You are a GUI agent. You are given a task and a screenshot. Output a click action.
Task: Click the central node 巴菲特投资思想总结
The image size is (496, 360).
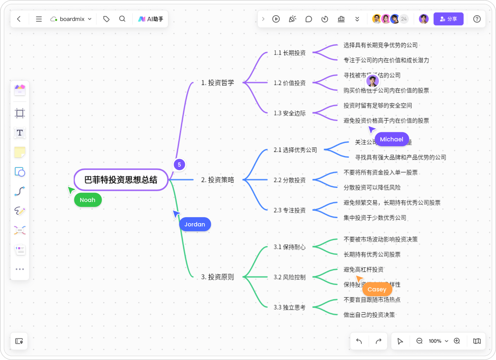point(121,180)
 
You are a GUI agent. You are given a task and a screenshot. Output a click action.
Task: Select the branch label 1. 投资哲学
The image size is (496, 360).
point(217,83)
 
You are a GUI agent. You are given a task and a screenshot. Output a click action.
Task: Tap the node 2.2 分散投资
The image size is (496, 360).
point(290,180)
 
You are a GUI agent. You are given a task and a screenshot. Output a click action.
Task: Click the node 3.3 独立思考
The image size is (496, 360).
point(290,307)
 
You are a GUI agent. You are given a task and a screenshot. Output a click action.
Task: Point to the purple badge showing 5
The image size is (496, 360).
point(179,165)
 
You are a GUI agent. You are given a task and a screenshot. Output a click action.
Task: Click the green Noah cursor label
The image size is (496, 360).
point(88,200)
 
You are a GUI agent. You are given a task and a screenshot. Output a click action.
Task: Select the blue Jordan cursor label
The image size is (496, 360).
point(195,224)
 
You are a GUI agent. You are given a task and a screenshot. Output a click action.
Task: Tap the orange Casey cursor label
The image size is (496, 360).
point(377,289)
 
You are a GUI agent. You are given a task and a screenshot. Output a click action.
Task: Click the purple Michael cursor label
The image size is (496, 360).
point(392,139)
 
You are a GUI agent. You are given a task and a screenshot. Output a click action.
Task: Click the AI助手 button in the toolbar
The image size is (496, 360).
point(151,19)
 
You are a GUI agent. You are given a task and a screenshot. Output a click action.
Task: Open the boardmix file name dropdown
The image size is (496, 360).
point(72,19)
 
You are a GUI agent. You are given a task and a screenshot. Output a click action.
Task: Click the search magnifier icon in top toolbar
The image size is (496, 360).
point(122,19)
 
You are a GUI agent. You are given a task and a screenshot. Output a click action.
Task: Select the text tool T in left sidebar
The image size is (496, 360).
point(20,133)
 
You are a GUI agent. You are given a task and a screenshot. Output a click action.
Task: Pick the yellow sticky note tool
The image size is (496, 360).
point(20,152)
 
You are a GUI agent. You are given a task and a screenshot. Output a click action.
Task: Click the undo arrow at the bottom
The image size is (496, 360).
point(359,341)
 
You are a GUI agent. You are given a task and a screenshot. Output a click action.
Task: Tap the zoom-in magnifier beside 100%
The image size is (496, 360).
point(457,341)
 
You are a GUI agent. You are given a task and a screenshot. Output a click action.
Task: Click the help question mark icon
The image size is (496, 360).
point(477,19)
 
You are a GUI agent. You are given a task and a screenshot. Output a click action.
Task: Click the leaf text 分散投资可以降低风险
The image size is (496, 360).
point(372,188)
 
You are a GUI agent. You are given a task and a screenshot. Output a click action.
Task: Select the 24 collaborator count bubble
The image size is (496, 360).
point(404,19)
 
